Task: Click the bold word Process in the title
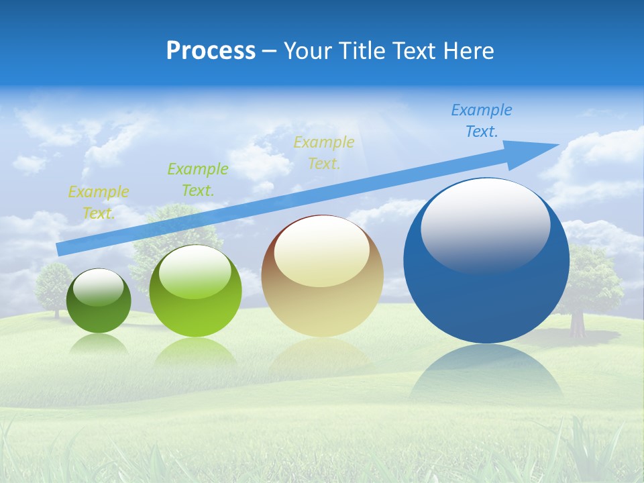tap(211, 51)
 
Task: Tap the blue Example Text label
tap(482, 121)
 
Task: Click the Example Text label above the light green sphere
tap(198, 180)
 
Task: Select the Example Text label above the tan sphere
tap(324, 152)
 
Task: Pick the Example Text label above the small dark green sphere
tap(99, 203)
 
